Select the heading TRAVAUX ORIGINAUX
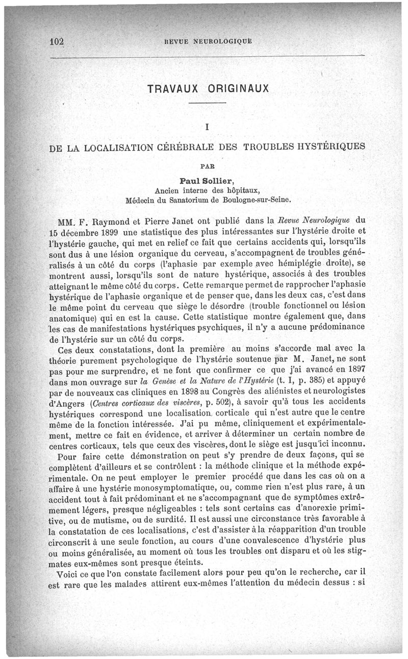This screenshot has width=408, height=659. (207, 88)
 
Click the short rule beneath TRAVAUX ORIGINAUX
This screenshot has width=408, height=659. (207, 104)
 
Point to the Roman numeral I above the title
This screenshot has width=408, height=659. (207, 125)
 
